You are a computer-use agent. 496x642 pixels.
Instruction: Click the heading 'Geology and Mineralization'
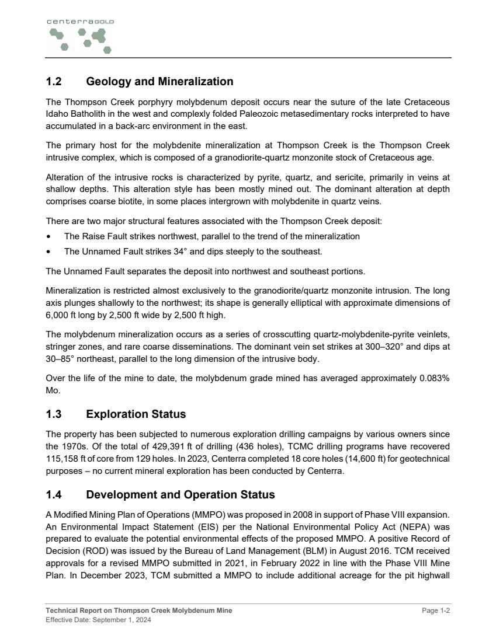pos(159,82)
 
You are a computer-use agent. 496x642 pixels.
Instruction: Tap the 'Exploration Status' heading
pos(136,414)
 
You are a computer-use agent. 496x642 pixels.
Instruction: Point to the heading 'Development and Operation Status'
pos(180,495)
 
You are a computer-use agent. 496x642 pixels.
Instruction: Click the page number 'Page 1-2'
pos(436,610)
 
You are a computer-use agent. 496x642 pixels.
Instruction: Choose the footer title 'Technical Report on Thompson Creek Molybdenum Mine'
pos(139,610)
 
